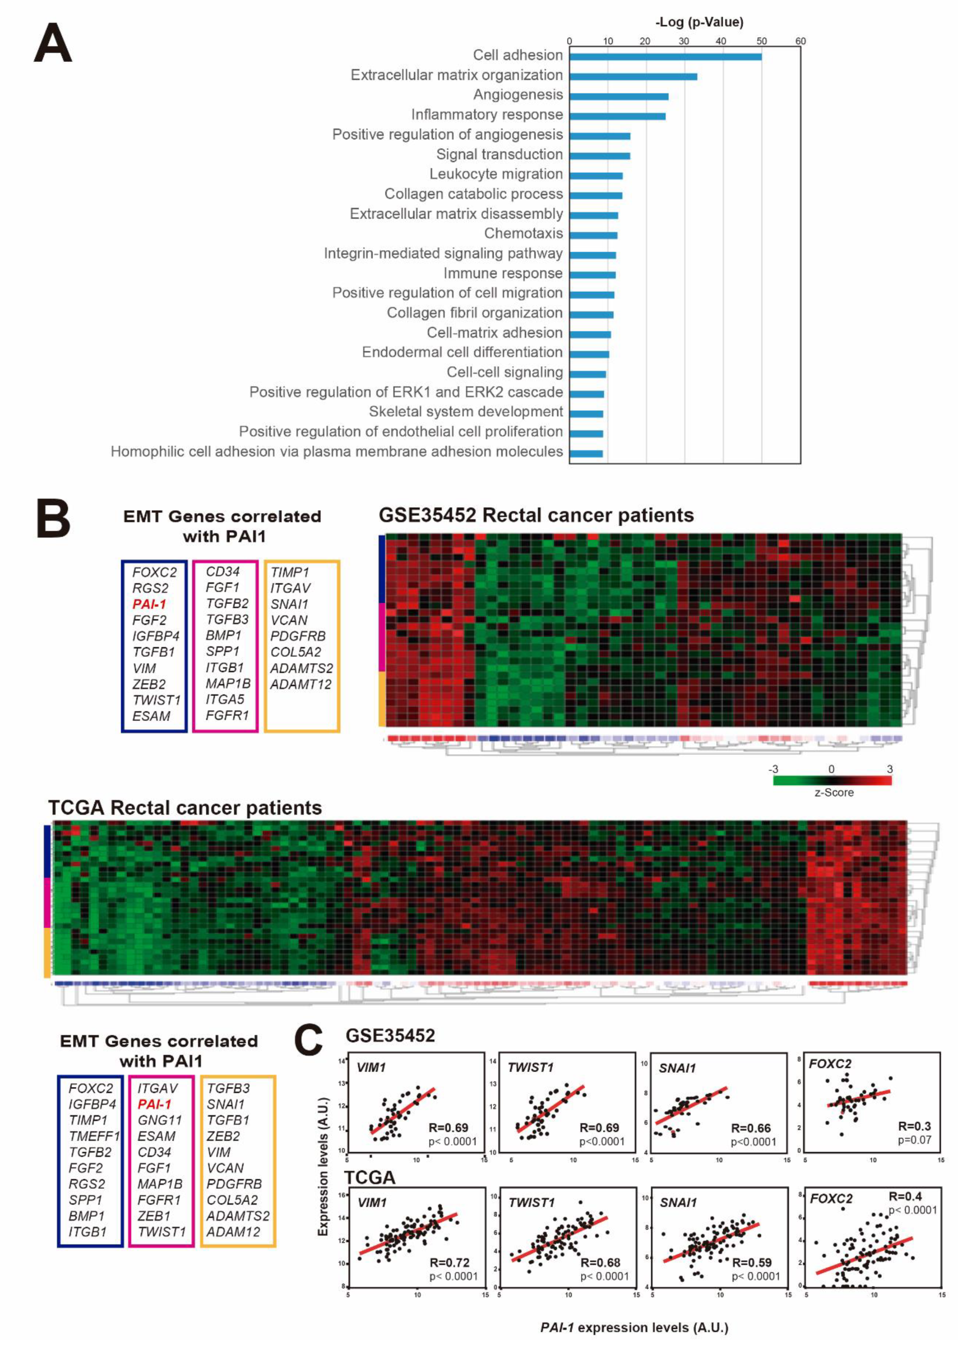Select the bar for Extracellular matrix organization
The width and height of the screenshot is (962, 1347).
click(633, 76)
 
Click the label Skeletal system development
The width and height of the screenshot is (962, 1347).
click(466, 412)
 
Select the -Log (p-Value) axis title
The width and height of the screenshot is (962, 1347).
click(699, 22)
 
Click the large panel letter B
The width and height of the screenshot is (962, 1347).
click(53, 518)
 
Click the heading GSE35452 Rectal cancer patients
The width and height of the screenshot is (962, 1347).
click(536, 515)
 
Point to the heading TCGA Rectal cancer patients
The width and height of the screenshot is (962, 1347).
click(185, 808)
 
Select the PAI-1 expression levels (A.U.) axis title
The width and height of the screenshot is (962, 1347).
click(634, 1327)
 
